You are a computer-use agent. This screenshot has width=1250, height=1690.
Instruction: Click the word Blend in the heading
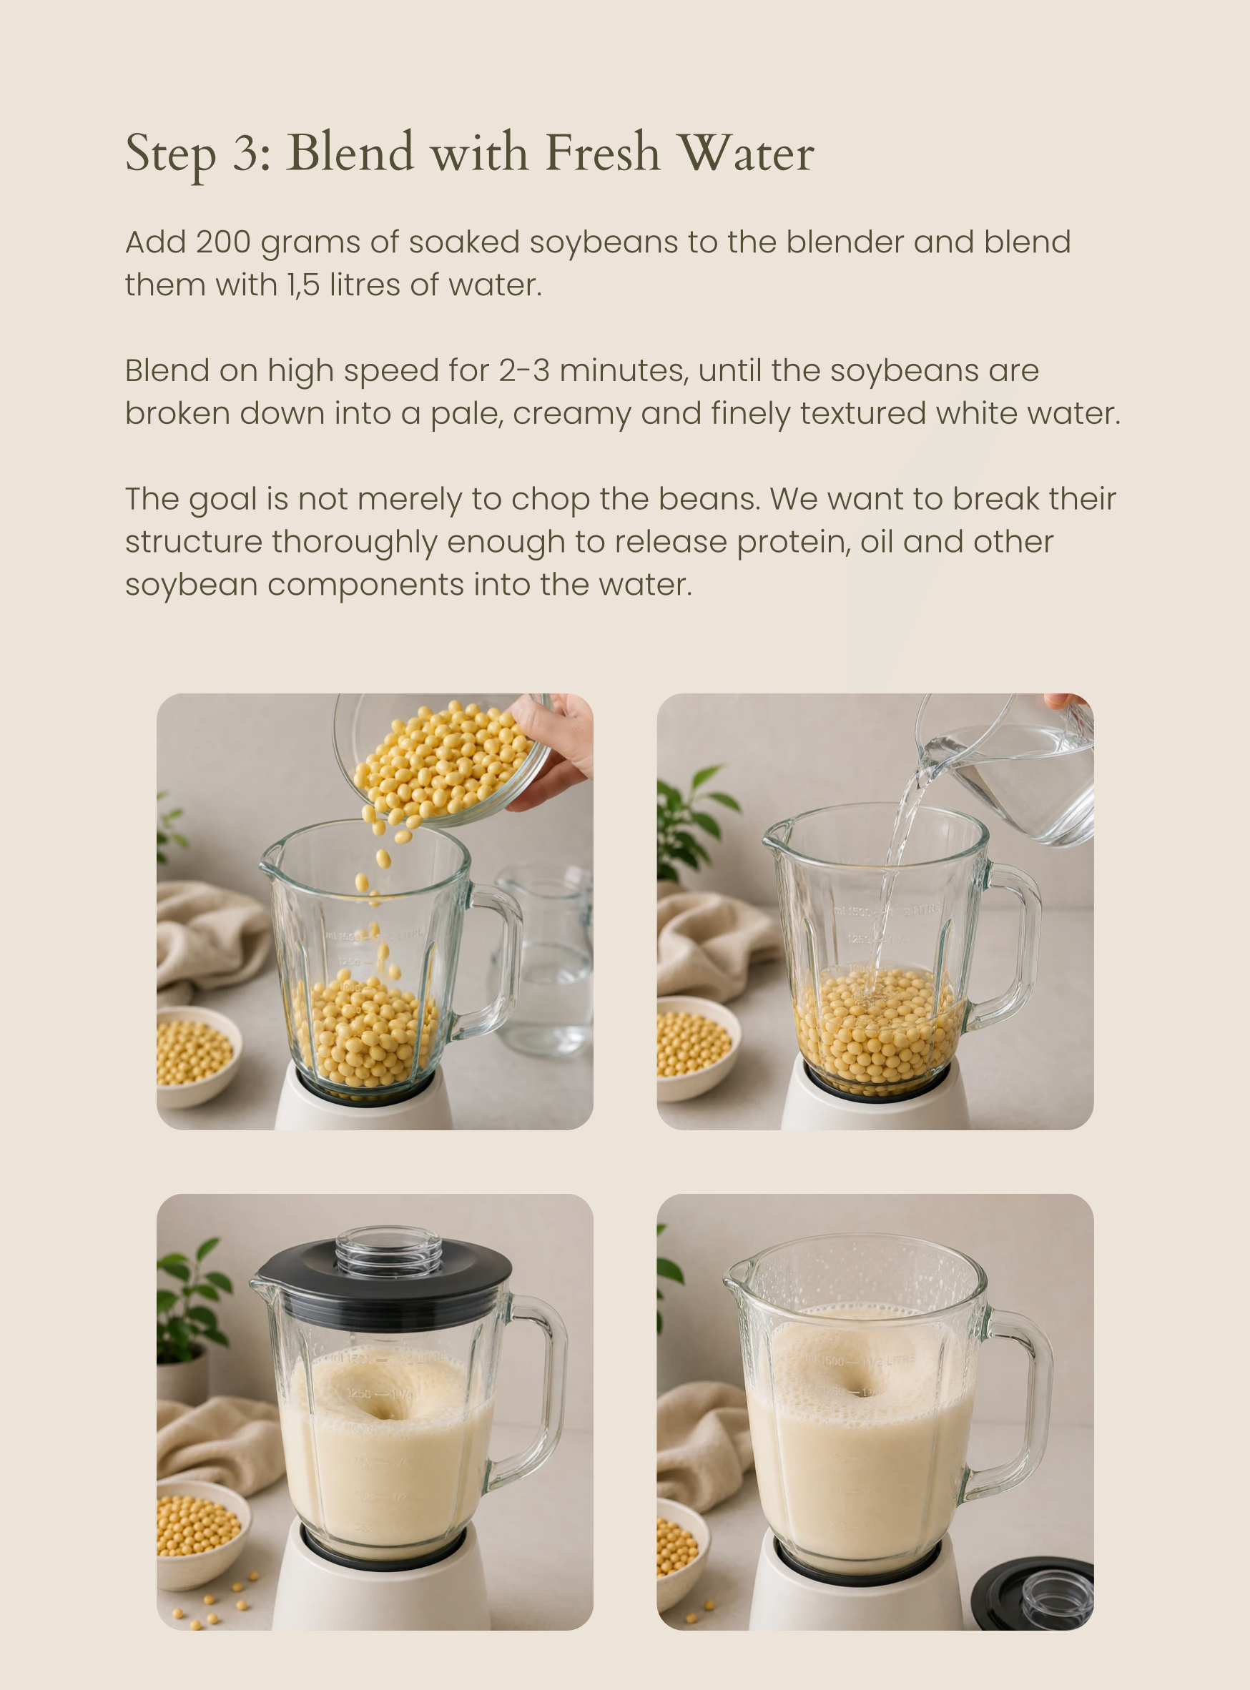350,152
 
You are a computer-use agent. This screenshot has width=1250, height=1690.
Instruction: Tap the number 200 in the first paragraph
223,242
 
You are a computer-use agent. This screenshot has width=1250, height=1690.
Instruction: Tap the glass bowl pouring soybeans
443,756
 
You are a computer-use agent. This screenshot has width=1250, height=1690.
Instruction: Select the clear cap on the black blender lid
389,1250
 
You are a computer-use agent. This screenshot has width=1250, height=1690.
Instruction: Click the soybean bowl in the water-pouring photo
696,1048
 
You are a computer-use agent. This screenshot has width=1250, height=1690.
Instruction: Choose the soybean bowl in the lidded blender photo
200,1532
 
